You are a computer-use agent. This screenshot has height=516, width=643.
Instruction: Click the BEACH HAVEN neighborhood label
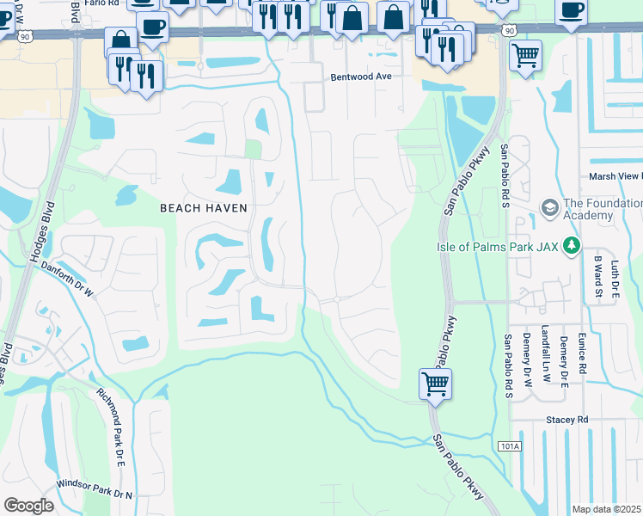[x=204, y=208]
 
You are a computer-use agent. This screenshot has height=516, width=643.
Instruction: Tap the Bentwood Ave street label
[x=361, y=77]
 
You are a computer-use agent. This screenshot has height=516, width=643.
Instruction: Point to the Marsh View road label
[x=615, y=176]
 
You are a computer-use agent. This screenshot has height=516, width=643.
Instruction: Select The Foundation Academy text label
[x=602, y=210]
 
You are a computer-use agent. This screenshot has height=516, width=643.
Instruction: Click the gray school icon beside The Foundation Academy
[x=549, y=206]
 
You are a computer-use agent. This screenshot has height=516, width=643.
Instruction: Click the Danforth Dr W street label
[x=67, y=279]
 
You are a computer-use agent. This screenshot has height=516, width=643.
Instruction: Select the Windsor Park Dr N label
[x=95, y=489]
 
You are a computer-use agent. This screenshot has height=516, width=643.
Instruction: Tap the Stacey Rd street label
[x=566, y=420]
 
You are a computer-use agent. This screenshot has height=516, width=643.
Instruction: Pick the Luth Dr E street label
[x=615, y=280]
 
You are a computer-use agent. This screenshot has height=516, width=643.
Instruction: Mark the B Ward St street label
[x=598, y=275]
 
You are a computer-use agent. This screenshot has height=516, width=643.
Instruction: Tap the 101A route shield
[x=508, y=446]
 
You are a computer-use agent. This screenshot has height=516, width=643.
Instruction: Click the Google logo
[x=28, y=506]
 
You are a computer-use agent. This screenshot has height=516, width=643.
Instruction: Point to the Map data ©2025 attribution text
[x=607, y=509]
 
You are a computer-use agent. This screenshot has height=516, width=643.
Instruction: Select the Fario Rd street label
[x=101, y=3]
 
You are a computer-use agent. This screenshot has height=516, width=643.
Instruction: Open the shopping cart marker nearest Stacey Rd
[x=436, y=383]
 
